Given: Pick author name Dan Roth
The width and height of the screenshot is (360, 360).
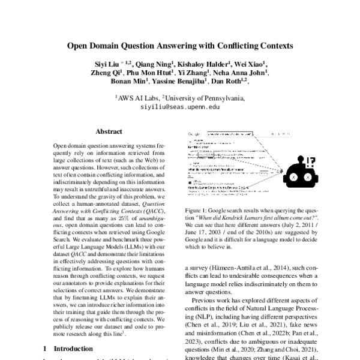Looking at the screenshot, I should [229, 82].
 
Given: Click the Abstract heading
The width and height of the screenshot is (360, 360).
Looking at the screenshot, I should [108, 131].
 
